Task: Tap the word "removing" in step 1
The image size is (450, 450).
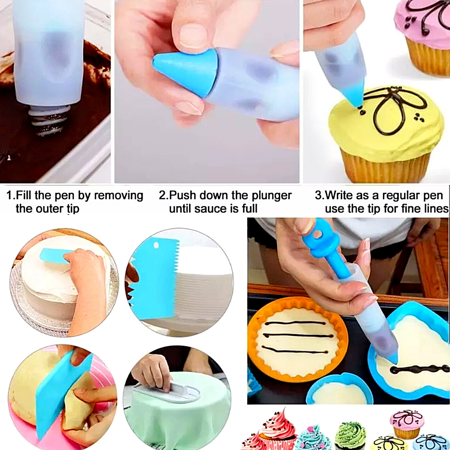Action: [118, 195]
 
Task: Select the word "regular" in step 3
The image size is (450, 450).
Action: [400, 195]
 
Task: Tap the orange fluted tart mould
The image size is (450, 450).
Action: [298, 339]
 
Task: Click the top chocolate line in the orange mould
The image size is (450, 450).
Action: [295, 323]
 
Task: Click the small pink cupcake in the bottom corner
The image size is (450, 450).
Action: [407, 424]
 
